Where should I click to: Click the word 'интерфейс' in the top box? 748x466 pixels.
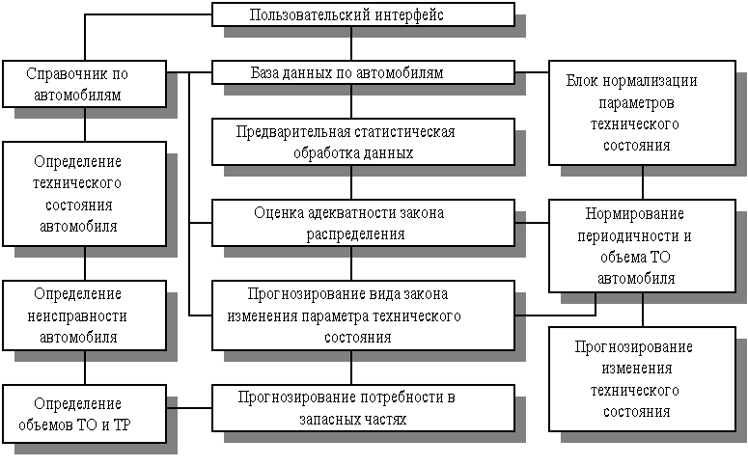(410, 15)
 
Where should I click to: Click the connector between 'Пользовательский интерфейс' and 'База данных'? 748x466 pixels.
(351, 44)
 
